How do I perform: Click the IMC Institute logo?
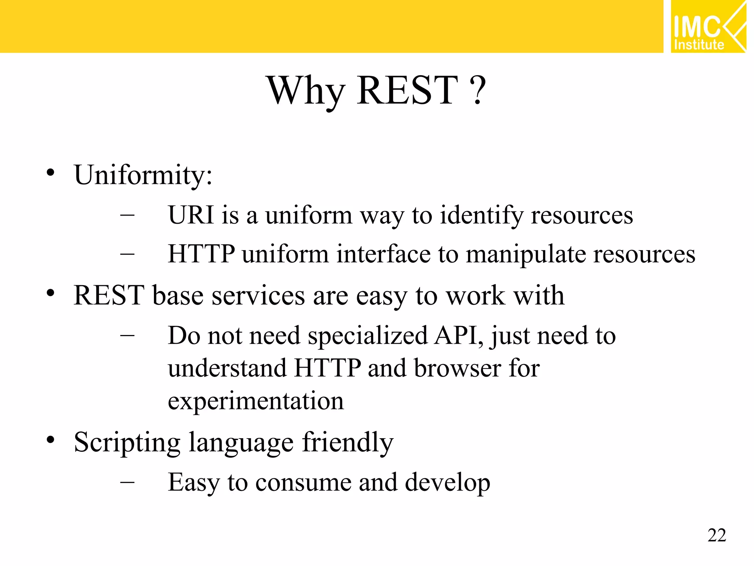(x=708, y=27)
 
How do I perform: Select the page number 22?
(x=716, y=535)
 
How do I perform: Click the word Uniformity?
(x=143, y=175)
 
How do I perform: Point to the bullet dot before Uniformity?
(x=50, y=172)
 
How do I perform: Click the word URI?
(x=191, y=215)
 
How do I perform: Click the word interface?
(x=383, y=254)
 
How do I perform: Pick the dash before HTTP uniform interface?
(x=127, y=254)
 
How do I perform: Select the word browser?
(x=457, y=368)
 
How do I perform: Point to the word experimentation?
(x=256, y=401)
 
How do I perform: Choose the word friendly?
(x=348, y=442)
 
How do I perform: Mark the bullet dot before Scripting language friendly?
(x=50, y=440)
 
